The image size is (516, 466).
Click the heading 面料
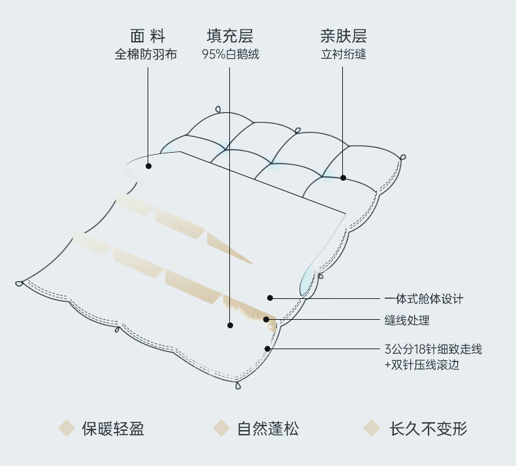[148, 35]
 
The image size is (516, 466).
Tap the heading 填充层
[230, 35]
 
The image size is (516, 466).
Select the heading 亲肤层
[344, 35]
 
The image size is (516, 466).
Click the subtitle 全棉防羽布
[146, 55]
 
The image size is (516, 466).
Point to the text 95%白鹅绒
[230, 55]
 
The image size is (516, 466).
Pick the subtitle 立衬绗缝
[344, 55]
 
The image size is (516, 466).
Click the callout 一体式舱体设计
[423, 299]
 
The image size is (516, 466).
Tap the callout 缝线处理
[406, 320]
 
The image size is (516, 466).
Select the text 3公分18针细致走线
[432, 349]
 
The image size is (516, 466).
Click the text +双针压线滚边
[421, 365]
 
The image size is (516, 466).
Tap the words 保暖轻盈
[113, 429]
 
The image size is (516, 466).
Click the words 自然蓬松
[268, 429]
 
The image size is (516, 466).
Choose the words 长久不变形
[428, 429]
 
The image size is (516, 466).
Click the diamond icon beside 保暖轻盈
[66, 428]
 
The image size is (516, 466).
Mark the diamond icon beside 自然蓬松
[221, 428]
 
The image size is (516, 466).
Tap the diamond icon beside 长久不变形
[372, 428]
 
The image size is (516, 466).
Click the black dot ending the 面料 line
[149, 166]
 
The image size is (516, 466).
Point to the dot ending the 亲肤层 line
[343, 177]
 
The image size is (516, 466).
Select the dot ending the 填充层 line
[230, 324]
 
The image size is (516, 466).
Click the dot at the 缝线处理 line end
[266, 319]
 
